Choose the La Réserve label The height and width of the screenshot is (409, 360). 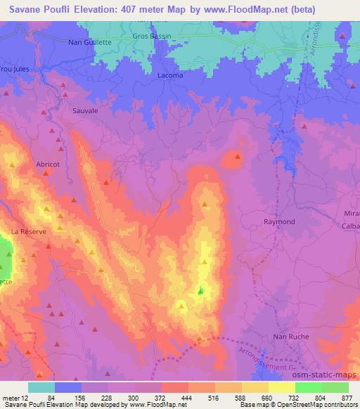point(28,231)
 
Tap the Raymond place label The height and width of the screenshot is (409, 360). point(278,221)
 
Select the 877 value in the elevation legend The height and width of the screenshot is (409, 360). point(347,397)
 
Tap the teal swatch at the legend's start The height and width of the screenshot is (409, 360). point(41,387)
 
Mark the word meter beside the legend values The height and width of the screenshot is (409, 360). point(12,397)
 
